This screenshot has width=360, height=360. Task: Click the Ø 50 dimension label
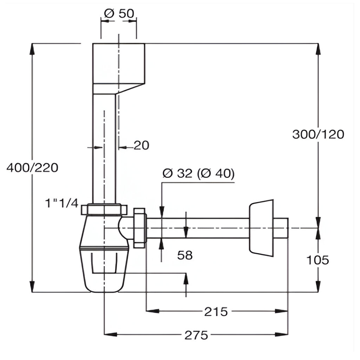pos(119,13)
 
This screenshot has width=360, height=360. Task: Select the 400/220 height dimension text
pos(32,168)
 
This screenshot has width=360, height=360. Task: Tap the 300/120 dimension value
pos(318,134)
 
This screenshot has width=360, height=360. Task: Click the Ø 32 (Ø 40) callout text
pos(198,174)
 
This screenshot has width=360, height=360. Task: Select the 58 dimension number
pos(185,255)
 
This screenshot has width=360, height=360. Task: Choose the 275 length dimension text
pos(196,335)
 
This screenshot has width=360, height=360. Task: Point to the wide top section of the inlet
pos(119,63)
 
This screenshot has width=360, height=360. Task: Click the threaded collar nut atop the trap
pos(104,210)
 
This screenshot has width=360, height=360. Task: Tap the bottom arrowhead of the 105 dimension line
pos(318,287)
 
